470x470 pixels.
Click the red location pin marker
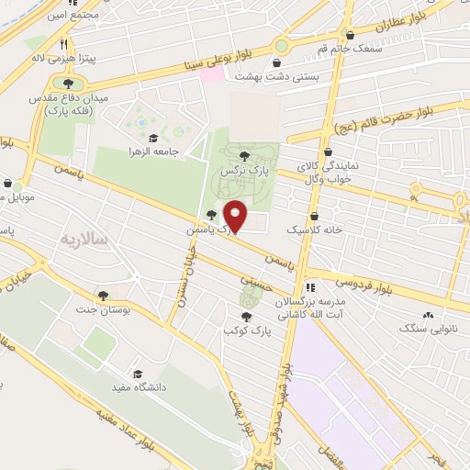[235, 217]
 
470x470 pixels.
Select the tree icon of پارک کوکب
[241, 315]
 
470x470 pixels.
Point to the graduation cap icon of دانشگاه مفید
[138, 374]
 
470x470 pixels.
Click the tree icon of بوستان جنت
[102, 296]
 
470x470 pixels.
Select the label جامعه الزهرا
[152, 151]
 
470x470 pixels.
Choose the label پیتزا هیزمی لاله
[37, 57]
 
